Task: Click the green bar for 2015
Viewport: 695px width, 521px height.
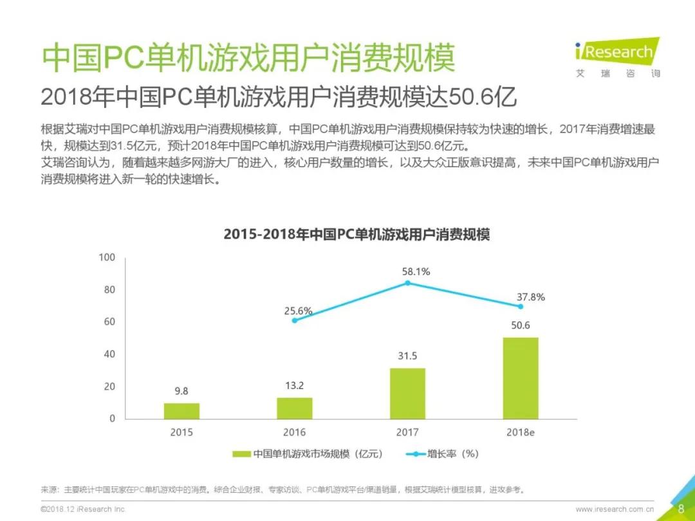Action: pos(181,410)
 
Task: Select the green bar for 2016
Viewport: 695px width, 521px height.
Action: pos(295,408)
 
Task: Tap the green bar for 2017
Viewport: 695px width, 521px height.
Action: pos(407,393)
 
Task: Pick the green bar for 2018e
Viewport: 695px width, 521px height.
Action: pos(521,378)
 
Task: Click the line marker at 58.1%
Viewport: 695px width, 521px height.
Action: pos(407,283)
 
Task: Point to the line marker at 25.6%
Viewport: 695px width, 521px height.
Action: pos(295,320)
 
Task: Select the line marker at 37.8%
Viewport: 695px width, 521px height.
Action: pos(521,306)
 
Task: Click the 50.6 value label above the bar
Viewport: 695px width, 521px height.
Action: pos(520,325)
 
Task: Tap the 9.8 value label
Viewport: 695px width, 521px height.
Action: pos(181,390)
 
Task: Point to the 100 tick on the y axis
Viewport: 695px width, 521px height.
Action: pos(106,257)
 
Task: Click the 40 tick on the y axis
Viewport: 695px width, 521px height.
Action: pos(109,354)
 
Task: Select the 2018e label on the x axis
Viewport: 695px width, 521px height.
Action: pos(520,432)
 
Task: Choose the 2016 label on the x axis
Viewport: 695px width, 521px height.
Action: pos(295,432)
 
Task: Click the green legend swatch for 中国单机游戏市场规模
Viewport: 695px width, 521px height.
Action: pos(241,454)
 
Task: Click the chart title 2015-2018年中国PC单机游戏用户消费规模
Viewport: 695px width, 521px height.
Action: pos(357,235)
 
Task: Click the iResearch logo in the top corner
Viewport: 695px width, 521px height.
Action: pos(616,57)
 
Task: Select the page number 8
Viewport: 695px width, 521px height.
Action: pos(680,509)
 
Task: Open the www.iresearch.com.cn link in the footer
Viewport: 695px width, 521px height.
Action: pos(615,509)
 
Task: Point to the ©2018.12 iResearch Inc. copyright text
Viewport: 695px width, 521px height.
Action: pos(83,509)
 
